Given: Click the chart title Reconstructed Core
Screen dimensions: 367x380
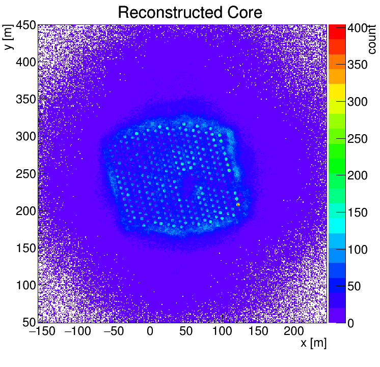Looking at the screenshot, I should click(189, 12).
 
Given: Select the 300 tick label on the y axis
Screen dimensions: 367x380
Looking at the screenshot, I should click(24, 137).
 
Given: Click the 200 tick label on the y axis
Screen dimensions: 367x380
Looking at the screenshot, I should click(24, 211).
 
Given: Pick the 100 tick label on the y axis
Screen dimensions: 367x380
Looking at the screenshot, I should click(24, 285).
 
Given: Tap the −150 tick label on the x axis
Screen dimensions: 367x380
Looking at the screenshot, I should click(41, 331).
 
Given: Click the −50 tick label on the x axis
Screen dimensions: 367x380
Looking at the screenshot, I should click(113, 331).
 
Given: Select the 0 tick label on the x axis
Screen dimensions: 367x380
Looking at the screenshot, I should click(150, 331).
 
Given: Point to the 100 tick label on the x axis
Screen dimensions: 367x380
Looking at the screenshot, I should click(223, 331).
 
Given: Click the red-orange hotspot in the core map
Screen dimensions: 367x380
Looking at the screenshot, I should click(238, 204).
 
